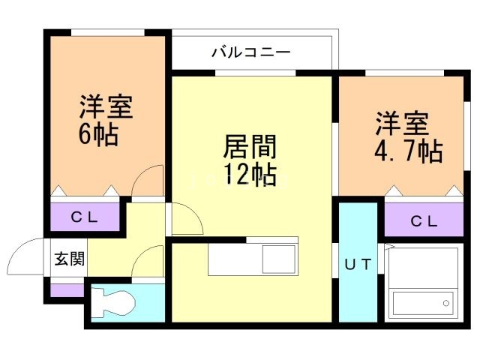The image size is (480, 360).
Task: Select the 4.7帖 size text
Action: coord(407,151)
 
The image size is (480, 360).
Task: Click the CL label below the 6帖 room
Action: coord(85,218)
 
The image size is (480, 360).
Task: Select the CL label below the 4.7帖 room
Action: coord(424,222)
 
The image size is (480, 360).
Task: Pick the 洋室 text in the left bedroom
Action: coord(105,106)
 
